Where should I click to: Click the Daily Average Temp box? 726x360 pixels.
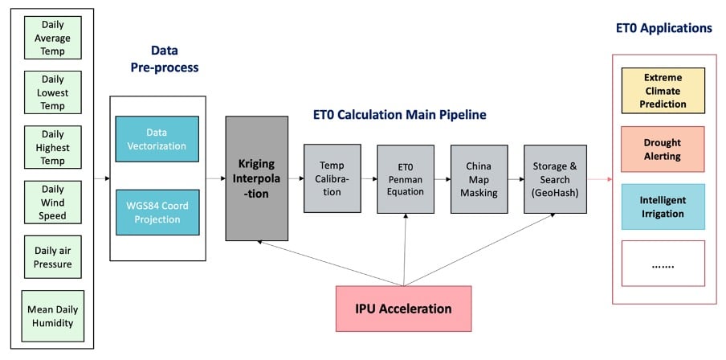click(52, 38)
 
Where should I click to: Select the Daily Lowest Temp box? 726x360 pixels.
click(52, 92)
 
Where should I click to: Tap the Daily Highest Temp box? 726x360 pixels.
click(52, 147)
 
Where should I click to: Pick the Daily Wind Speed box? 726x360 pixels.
click(52, 202)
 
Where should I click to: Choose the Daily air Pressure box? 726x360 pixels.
click(52, 257)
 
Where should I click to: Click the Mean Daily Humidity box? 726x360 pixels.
click(53, 316)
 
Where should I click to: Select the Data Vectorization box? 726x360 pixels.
click(157, 139)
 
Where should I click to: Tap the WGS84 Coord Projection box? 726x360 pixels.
click(157, 212)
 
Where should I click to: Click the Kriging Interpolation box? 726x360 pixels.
click(256, 178)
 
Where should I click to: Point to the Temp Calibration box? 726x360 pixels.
click(332, 178)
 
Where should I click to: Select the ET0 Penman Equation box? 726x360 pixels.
click(406, 179)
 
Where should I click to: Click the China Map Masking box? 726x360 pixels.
click(479, 179)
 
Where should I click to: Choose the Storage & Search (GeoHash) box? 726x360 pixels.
click(555, 179)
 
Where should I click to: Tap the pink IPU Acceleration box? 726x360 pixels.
click(403, 309)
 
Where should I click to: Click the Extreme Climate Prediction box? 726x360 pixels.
click(663, 91)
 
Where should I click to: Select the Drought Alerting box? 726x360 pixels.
click(663, 149)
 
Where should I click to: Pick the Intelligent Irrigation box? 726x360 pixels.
click(663, 207)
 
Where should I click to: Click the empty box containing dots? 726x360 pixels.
click(663, 263)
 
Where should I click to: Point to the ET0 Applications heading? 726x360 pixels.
click(664, 28)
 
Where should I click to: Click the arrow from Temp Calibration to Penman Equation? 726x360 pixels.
click(369, 178)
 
